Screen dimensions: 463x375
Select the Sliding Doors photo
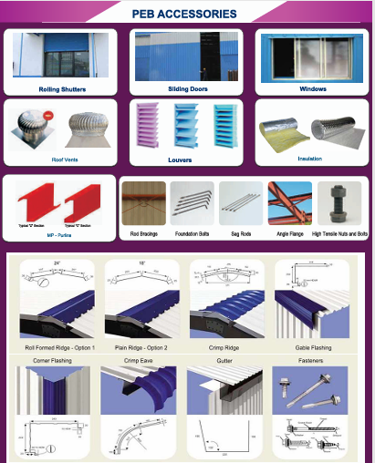[x=186, y=57]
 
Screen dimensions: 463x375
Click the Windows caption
[x=312, y=89]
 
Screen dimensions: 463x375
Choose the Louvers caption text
[x=186, y=159]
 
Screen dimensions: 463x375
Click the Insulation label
[x=310, y=158]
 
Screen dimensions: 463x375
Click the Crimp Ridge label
[x=224, y=349]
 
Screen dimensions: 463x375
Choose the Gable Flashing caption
[x=312, y=349]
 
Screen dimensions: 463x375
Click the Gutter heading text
[x=224, y=362]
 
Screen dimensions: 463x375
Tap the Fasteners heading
[x=312, y=362]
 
